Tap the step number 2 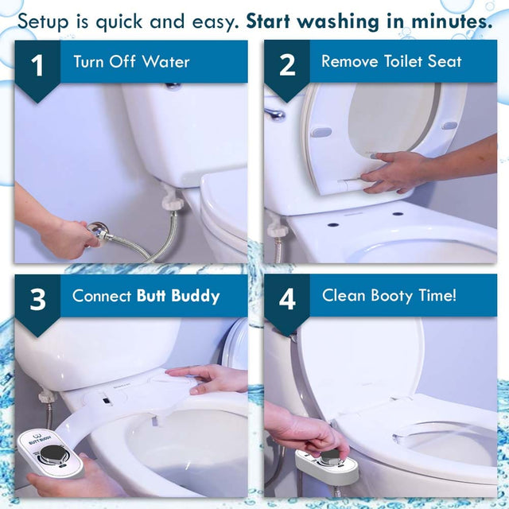(x=287, y=66)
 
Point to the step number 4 (x=287, y=300)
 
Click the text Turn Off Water (x=131, y=61)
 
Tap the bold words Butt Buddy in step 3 (x=178, y=296)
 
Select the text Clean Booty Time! (x=389, y=296)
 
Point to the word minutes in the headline (x=441, y=21)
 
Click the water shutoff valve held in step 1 (x=99, y=232)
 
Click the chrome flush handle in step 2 (x=275, y=115)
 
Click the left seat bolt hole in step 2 (x=332, y=224)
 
